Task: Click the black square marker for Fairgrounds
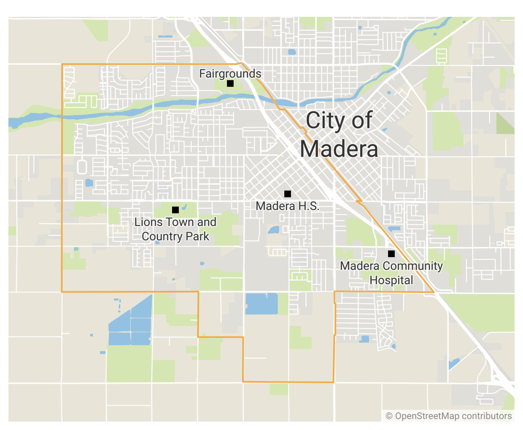pyautogui.click(x=230, y=84)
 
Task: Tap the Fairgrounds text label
pyautogui.click(x=230, y=73)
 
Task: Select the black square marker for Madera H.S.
pyautogui.click(x=288, y=194)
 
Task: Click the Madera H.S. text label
pyautogui.click(x=287, y=206)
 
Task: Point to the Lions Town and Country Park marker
pyautogui.click(x=175, y=210)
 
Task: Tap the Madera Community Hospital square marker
pyautogui.click(x=391, y=253)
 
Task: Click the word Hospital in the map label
pyautogui.click(x=391, y=280)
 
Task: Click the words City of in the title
pyautogui.click(x=339, y=121)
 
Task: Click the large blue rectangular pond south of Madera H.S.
pyautogui.click(x=261, y=303)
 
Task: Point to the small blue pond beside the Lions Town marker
pyautogui.click(x=184, y=207)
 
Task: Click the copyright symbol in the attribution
pyautogui.click(x=389, y=416)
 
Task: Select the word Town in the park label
pyautogui.click(x=172, y=223)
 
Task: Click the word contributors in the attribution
pyautogui.click(x=486, y=416)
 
